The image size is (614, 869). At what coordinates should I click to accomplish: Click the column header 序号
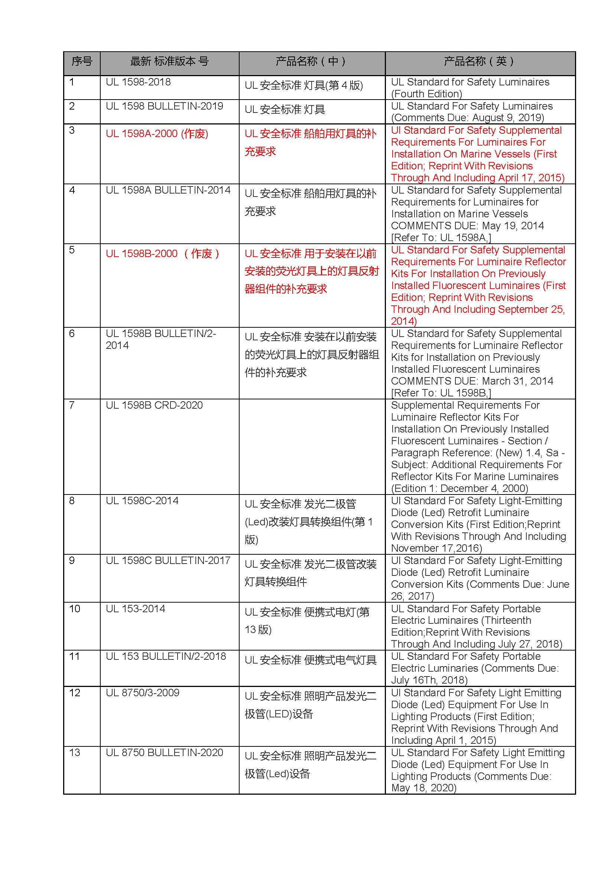click(82, 61)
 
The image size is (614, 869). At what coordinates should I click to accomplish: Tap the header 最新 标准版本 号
click(169, 61)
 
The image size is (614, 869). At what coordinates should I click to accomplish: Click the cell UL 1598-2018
click(138, 82)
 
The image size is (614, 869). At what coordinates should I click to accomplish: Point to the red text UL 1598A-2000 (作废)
click(157, 134)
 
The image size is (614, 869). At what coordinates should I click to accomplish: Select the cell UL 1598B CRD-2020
click(154, 405)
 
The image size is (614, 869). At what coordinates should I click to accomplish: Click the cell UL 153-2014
click(136, 609)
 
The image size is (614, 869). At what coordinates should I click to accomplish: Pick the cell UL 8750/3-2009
click(142, 693)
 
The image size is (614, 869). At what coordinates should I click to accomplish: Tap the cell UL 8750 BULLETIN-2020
click(164, 753)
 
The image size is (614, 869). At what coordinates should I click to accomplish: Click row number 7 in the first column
click(72, 405)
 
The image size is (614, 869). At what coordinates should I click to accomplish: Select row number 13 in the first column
click(75, 753)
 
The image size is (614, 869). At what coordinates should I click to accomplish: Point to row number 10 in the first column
click(75, 609)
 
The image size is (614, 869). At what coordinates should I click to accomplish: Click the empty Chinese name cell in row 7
click(312, 446)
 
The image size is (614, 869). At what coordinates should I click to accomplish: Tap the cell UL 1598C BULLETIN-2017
click(168, 561)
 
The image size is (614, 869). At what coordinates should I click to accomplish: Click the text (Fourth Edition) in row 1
click(426, 94)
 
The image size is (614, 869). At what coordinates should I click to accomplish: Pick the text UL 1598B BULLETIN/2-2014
click(160, 340)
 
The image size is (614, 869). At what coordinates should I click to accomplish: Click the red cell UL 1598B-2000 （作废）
click(163, 254)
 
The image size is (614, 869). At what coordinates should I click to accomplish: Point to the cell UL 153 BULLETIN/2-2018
click(166, 656)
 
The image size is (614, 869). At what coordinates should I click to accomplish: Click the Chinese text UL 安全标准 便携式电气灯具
click(310, 661)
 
